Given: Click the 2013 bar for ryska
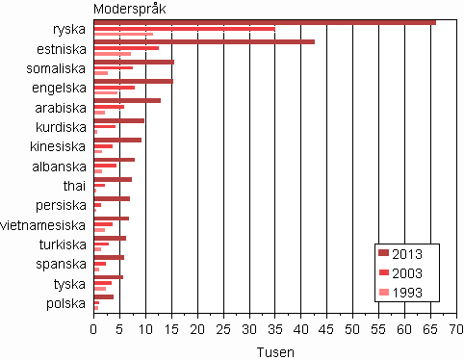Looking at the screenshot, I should (x=265, y=22).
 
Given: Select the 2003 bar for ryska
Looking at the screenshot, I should (x=184, y=29).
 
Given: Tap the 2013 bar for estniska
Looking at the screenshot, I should (x=204, y=41).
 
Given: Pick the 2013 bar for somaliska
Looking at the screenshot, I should (x=134, y=62).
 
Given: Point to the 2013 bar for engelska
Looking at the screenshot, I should (x=133, y=81).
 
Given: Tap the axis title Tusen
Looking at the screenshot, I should (x=275, y=352).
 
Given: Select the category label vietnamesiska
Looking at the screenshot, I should (x=46, y=225).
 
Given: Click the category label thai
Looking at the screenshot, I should (x=74, y=186).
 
